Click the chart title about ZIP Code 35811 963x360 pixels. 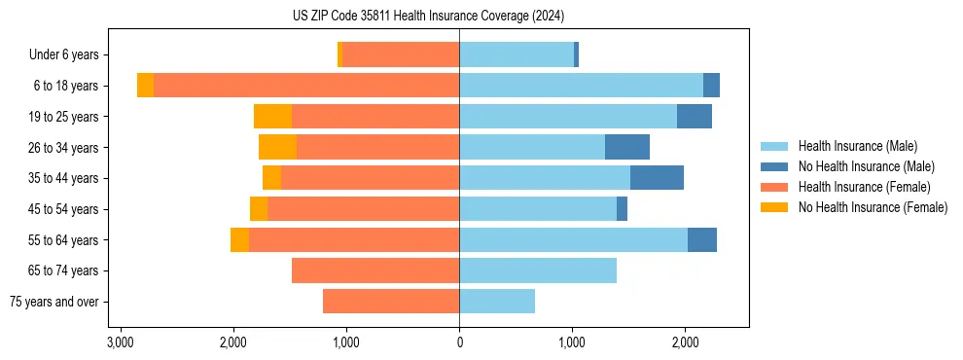click(x=428, y=16)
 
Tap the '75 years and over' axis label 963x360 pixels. click(x=54, y=302)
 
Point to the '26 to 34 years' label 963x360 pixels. click(x=63, y=148)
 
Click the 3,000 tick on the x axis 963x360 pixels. click(x=121, y=342)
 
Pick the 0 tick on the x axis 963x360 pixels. click(x=459, y=342)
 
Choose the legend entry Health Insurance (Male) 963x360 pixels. click(x=857, y=146)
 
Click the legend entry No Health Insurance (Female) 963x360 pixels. click(x=873, y=207)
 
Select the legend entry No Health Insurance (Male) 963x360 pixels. click(x=866, y=166)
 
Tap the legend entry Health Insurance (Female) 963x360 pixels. click(x=864, y=187)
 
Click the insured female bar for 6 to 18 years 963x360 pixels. click(x=306, y=86)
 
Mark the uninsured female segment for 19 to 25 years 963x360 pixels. click(x=273, y=117)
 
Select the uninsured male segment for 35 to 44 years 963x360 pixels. click(x=657, y=178)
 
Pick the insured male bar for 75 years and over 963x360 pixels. click(x=497, y=302)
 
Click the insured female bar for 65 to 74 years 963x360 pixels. click(x=375, y=270)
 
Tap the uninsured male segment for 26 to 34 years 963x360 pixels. click(x=627, y=148)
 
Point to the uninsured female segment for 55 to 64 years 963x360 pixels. click(x=239, y=240)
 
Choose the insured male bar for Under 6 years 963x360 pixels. click(x=517, y=55)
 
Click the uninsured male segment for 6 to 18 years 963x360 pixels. click(x=711, y=86)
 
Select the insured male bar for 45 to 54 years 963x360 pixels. click(x=538, y=209)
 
